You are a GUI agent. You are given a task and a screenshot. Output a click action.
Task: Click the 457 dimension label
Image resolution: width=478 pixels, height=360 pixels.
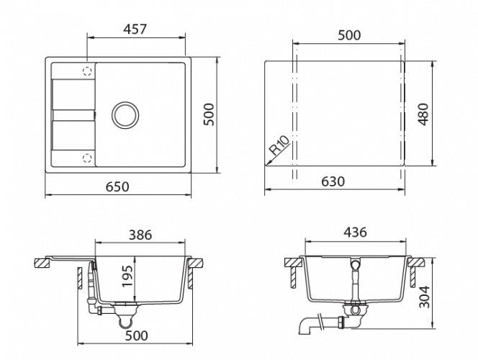pos(135,30)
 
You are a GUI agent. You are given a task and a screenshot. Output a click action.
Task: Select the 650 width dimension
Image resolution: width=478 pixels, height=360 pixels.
pos(117,186)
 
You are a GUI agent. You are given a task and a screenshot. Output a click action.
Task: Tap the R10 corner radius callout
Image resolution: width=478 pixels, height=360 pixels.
pos(279,145)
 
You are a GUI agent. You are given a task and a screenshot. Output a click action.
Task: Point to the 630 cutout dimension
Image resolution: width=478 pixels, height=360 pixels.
pos(333,181)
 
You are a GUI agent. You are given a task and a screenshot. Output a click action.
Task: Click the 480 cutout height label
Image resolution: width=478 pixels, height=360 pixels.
pos(423,114)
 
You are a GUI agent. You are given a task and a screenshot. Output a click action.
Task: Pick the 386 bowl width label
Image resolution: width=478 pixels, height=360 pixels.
pos(140,235)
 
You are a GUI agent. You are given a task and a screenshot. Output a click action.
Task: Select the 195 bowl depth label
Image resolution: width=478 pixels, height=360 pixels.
pos(127,276)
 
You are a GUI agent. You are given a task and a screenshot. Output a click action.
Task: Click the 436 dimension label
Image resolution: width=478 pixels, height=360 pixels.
pos(355,233)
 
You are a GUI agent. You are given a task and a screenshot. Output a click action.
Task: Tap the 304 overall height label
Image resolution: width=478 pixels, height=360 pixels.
pos(424,297)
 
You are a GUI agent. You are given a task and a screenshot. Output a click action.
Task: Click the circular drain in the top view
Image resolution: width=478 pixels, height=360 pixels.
pos(125,115)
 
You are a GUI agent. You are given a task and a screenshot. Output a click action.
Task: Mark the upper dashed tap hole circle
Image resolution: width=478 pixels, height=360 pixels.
pos(87,71)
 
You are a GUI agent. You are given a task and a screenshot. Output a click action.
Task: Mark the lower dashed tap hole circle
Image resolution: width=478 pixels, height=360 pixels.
pos(87,158)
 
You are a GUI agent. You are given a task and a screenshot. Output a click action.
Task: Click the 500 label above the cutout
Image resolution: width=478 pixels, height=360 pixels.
pos(349,35)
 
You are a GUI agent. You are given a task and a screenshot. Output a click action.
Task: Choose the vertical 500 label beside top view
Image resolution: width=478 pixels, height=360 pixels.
pos(209,114)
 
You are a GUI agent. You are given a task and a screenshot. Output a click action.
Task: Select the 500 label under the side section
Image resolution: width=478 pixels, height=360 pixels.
pos(137,336)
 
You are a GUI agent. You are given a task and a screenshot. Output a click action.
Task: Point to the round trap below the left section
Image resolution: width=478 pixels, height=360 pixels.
pos(125,321)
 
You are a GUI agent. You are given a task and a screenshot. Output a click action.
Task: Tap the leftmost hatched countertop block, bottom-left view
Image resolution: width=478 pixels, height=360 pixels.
pos(42,263)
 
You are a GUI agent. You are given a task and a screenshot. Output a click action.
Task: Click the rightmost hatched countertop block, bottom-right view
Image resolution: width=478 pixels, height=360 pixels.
pos(416,262)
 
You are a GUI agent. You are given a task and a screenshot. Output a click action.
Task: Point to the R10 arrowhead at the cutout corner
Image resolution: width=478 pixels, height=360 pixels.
pos(266,166)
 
